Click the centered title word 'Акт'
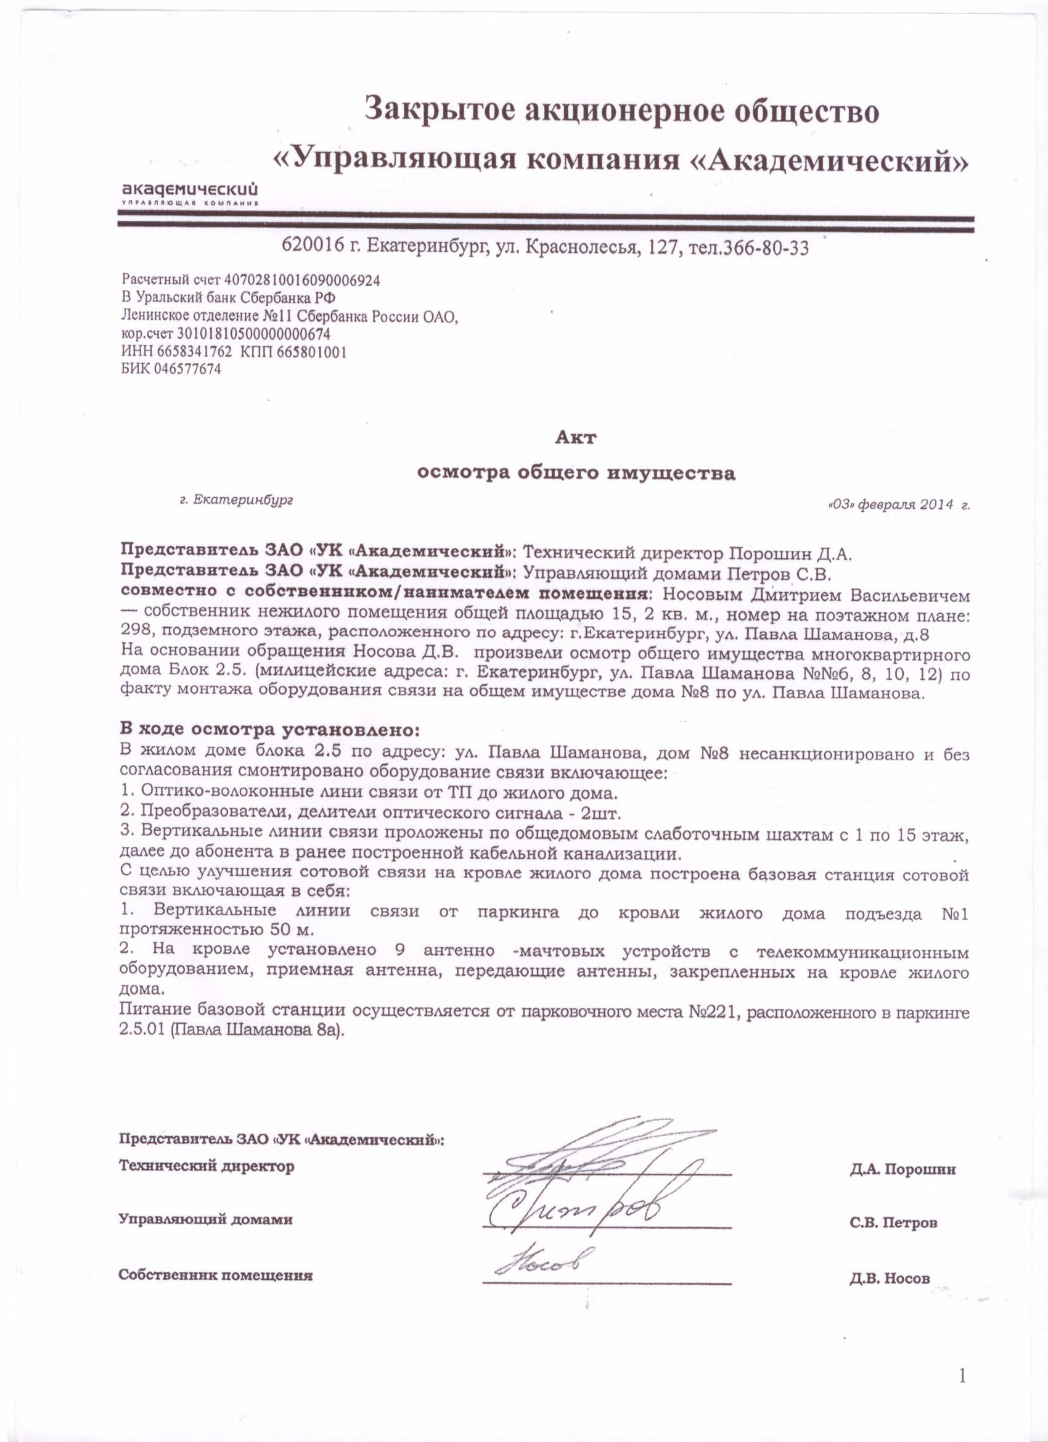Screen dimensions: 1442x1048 pyautogui.click(x=575, y=437)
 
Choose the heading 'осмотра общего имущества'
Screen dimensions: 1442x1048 pyautogui.click(x=575, y=473)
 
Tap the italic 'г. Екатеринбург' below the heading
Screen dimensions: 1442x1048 pyautogui.click(x=237, y=500)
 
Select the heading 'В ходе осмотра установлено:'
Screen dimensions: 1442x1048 pyautogui.click(x=270, y=728)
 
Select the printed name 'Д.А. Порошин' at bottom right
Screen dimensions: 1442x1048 pyautogui.click(x=902, y=1169)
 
